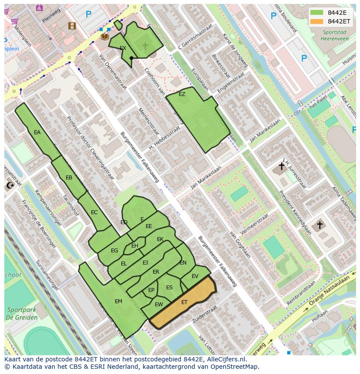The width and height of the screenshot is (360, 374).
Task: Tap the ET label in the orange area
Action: (x=184, y=302)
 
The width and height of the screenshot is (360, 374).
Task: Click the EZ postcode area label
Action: (x=182, y=94)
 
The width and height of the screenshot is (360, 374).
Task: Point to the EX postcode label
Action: (x=123, y=48)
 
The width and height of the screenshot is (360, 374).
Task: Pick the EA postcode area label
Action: (x=37, y=132)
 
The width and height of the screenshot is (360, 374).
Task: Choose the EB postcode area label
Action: (x=69, y=178)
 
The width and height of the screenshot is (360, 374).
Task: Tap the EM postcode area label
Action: (x=118, y=301)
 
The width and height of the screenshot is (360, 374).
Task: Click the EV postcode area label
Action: (x=195, y=276)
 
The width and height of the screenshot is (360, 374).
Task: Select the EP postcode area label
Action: (x=151, y=290)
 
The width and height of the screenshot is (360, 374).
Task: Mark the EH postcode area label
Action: (x=135, y=246)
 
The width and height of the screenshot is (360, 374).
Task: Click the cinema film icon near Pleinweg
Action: (x=72, y=26)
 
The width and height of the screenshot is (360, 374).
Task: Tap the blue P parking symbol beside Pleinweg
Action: (x=89, y=14)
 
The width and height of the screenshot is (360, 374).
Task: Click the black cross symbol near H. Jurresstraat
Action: (x=281, y=166)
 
